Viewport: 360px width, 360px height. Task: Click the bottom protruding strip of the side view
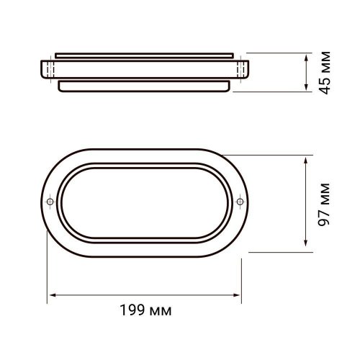pos(143,84)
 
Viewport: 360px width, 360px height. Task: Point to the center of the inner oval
pos(144,201)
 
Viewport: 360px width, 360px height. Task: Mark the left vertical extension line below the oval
pos(48,266)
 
